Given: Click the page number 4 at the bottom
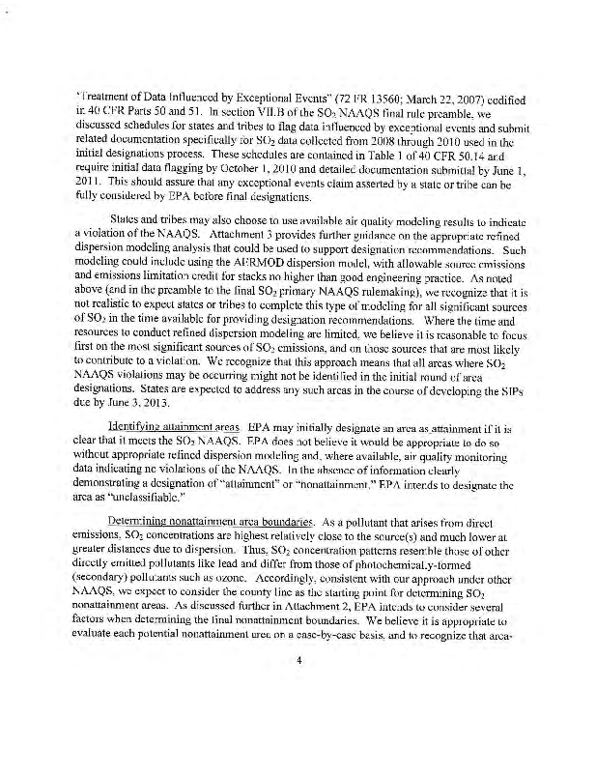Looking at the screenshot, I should (298, 687).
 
